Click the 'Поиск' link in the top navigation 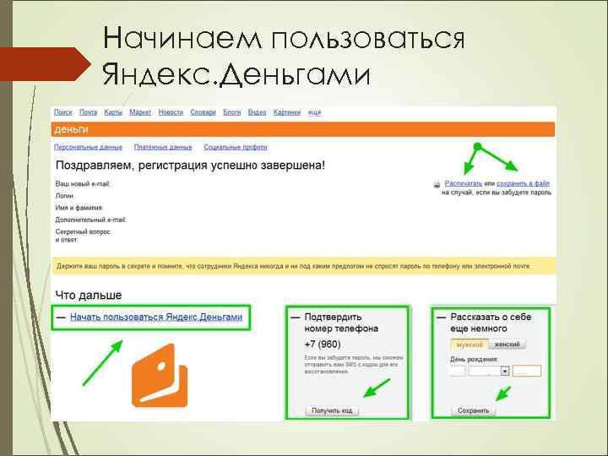[x=62, y=112]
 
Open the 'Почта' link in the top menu [x=89, y=112]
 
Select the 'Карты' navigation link [x=114, y=112]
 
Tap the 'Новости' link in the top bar [x=171, y=112]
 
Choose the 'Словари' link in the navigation [x=204, y=112]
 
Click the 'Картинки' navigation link [x=288, y=112]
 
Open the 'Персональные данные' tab [x=89, y=147]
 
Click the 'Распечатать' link [x=464, y=182]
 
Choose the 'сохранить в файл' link [x=524, y=182]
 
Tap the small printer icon [x=437, y=183]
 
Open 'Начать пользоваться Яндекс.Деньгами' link [x=156, y=318]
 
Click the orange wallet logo [x=160, y=375]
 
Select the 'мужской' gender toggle [x=470, y=345]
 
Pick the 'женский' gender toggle [x=508, y=345]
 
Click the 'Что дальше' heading [x=89, y=295]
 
